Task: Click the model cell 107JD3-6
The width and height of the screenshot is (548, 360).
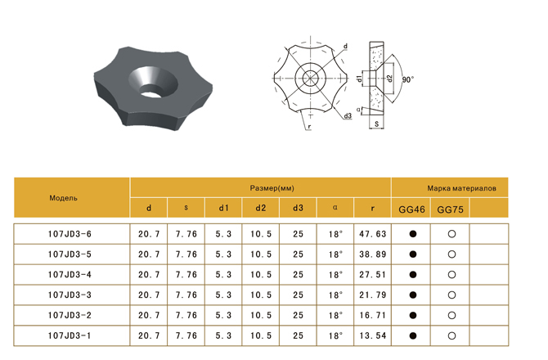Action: point(70,234)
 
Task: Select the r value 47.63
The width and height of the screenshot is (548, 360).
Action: point(372,234)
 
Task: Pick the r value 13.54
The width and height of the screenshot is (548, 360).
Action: point(372,335)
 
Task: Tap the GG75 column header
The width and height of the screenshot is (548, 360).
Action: point(450,209)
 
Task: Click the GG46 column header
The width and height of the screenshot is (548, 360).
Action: point(411,209)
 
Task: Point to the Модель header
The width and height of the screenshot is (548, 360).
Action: point(63,198)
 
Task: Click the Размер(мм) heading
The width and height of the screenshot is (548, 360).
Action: point(272,188)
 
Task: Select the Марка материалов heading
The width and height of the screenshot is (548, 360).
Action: point(461,188)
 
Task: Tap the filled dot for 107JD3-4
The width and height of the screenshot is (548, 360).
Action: point(413,275)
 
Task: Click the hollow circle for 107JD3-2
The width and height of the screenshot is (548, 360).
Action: point(451,315)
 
